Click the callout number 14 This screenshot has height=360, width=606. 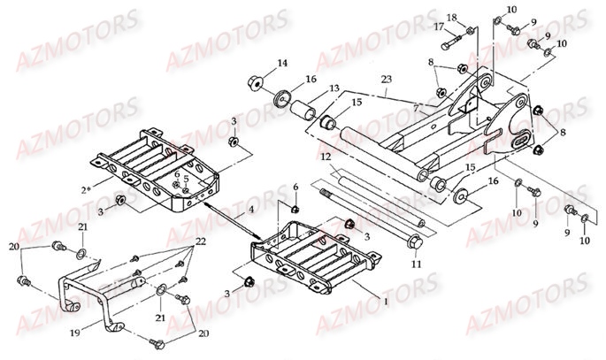(282, 63)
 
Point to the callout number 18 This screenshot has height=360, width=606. (451, 18)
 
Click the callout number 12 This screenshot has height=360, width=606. (326, 157)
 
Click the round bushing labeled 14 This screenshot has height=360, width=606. (257, 84)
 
